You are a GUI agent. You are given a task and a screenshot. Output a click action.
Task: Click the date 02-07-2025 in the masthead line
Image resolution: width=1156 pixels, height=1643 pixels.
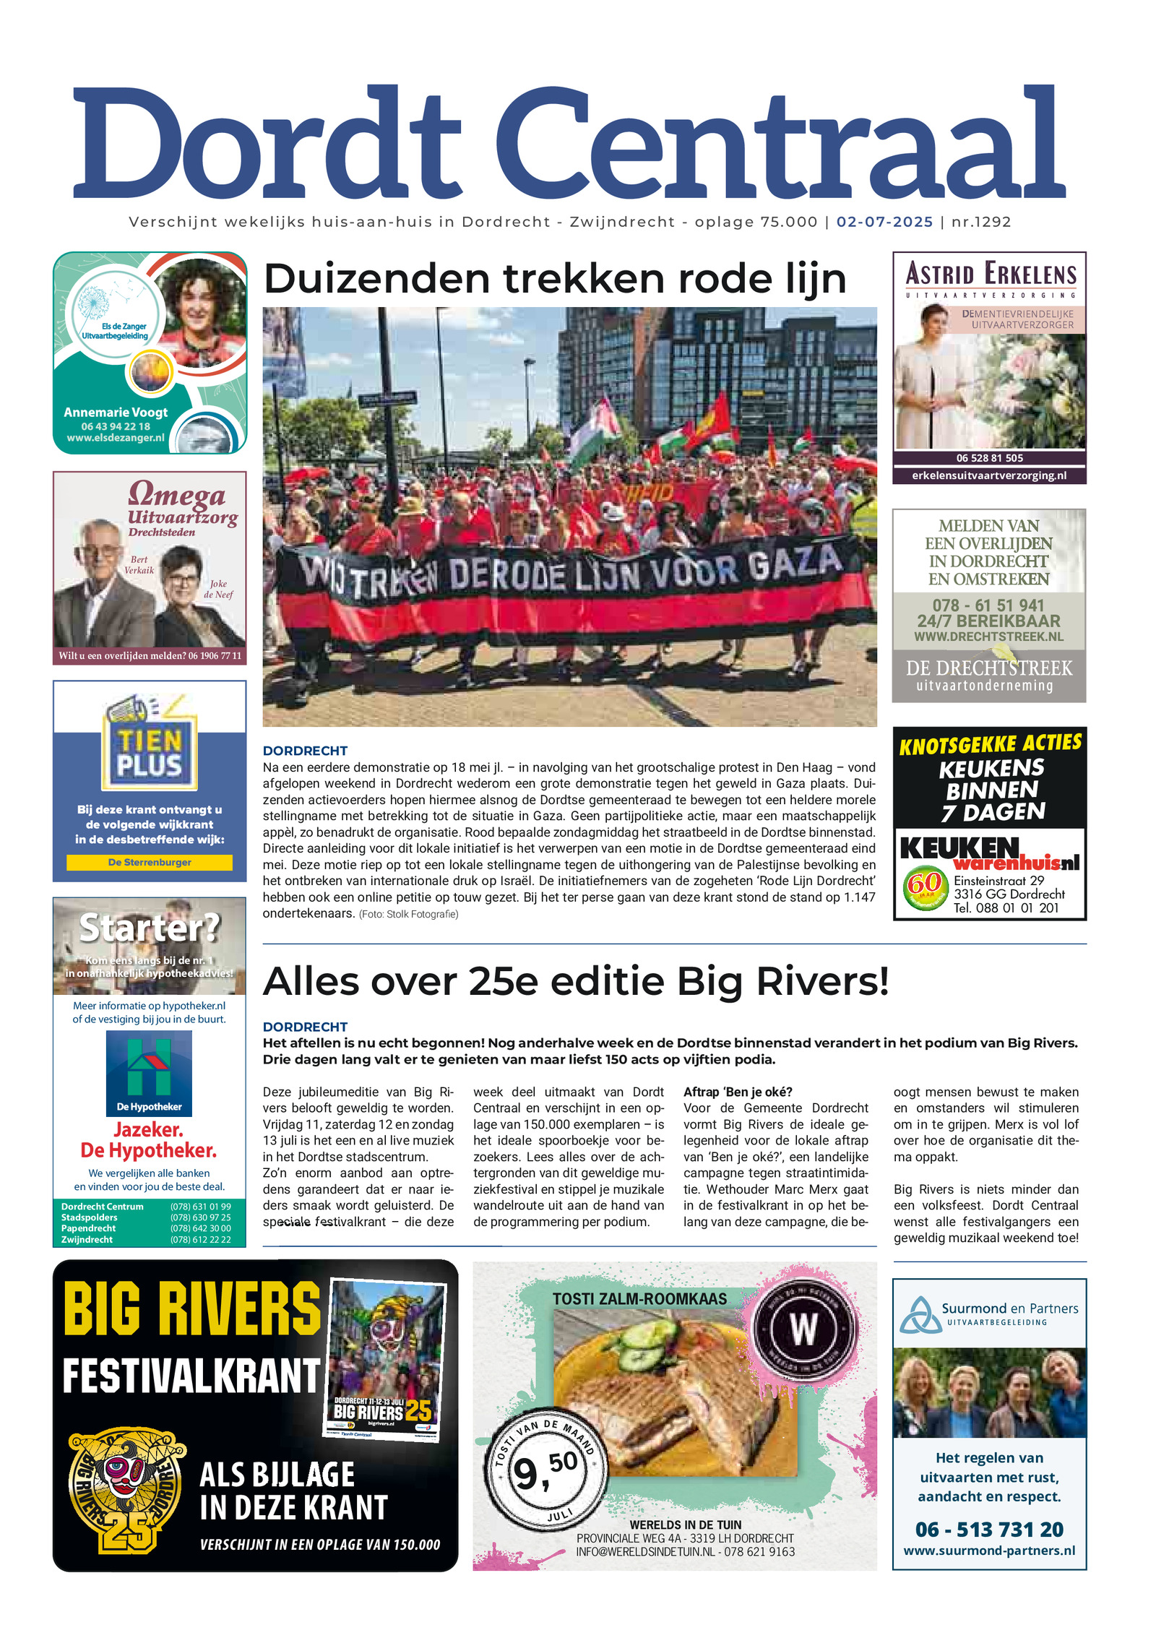click(884, 222)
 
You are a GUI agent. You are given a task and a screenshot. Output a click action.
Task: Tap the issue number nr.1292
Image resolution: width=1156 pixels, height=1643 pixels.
click(981, 222)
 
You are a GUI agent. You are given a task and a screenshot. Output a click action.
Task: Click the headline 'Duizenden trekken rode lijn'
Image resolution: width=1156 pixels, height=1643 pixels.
click(554, 279)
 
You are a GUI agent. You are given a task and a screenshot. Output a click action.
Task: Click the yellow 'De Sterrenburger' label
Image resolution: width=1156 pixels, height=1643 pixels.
click(150, 862)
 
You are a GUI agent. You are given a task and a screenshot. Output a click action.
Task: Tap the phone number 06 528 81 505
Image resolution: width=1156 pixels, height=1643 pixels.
click(989, 458)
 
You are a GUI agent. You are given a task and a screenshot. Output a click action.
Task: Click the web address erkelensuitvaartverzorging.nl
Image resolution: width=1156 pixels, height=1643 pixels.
click(989, 475)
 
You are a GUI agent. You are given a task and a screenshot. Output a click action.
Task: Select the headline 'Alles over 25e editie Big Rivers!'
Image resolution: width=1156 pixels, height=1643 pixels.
click(576, 981)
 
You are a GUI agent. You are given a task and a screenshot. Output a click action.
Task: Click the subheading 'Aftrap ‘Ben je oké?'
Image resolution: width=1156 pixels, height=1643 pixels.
click(738, 1092)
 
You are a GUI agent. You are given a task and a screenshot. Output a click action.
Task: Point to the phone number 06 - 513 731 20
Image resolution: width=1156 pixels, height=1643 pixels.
click(989, 1530)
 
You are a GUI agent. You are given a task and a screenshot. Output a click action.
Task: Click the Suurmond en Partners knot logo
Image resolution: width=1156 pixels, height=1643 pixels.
click(919, 1316)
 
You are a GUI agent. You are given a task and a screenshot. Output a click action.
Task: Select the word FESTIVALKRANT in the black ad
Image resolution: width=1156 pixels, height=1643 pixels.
click(191, 1376)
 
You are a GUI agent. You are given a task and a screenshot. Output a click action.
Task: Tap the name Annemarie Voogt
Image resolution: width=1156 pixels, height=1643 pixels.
click(116, 413)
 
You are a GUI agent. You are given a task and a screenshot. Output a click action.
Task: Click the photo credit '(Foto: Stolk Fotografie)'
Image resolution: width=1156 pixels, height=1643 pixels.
click(408, 914)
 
